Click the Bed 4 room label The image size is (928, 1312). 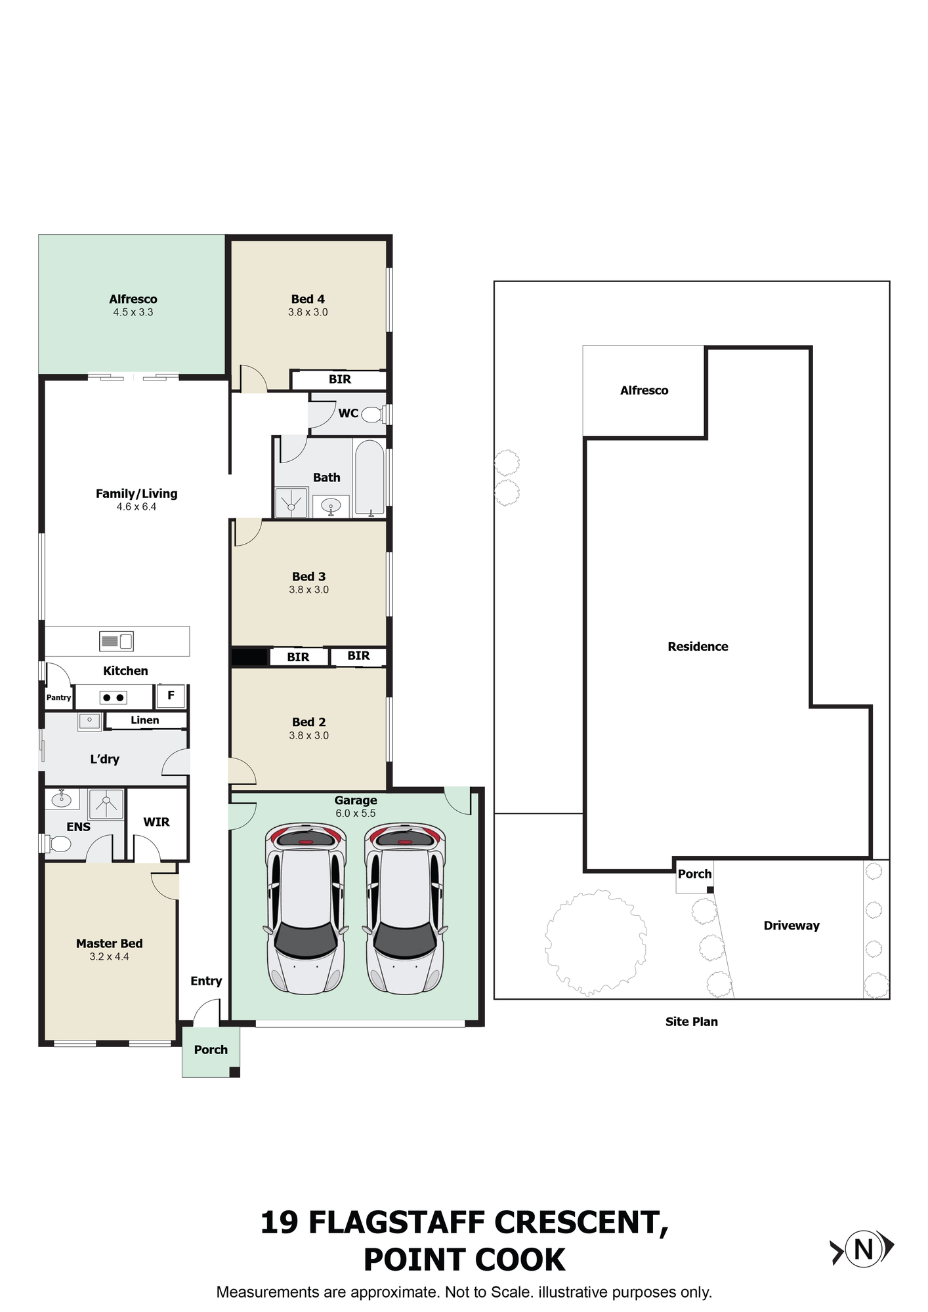308,299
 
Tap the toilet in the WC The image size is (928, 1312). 372,415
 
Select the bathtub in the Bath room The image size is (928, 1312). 369,478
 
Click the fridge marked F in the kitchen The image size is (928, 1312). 171,696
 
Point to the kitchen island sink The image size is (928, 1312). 116,641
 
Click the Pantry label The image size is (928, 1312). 58,697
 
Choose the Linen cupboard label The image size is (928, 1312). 145,720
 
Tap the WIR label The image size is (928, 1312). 156,822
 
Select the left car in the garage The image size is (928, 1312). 306,909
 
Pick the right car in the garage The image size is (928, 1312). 405,909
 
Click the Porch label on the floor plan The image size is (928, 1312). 211,1050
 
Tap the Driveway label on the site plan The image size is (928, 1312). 791,926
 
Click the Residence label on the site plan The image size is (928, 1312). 698,646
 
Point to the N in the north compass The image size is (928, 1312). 864,1249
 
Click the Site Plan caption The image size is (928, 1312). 692,1021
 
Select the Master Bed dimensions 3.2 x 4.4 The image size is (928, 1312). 110,956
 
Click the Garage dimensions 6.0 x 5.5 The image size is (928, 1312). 356,813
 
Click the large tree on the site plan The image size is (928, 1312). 596,942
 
